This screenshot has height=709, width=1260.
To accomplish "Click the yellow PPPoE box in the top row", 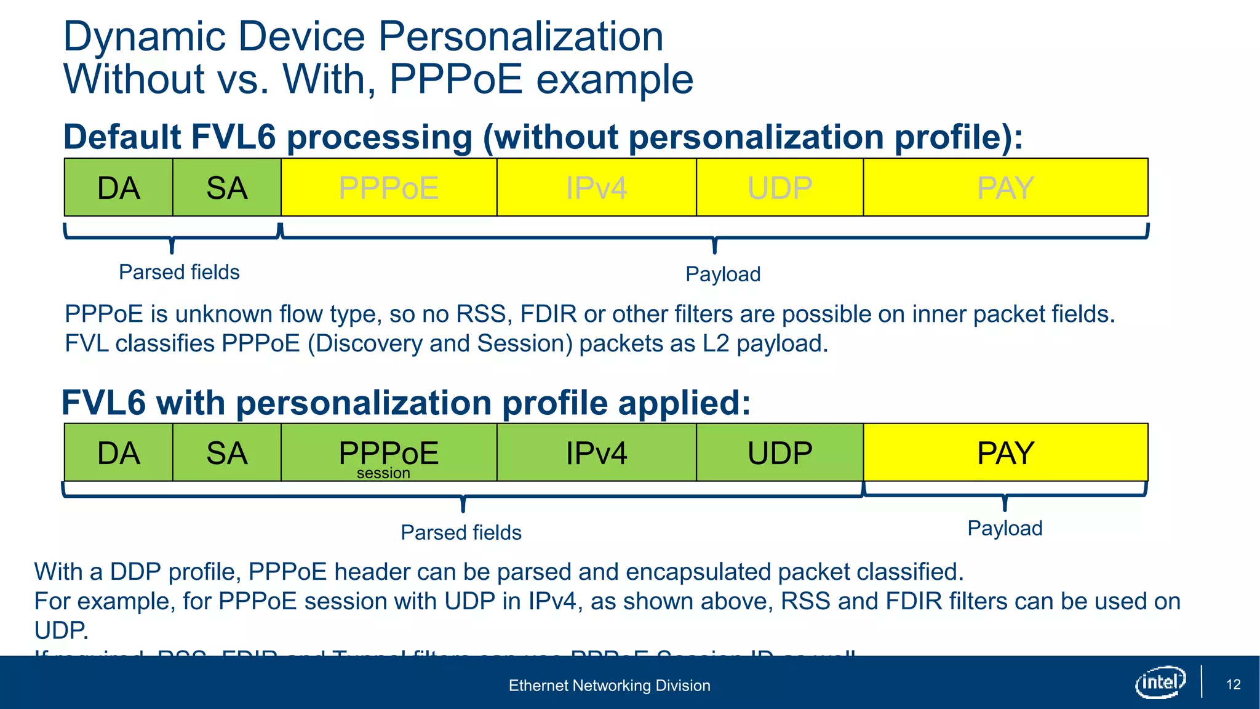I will [x=389, y=187].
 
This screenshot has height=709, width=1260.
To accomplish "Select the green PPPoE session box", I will [x=389, y=452].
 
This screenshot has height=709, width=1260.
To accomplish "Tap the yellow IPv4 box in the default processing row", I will [x=596, y=187].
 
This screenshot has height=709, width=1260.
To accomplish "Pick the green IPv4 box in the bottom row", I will [x=596, y=452].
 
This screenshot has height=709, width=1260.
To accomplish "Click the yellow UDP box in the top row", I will [x=780, y=187].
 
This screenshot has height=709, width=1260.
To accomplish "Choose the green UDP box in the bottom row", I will [x=780, y=452].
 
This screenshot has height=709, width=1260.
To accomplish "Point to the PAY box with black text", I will [x=1005, y=452].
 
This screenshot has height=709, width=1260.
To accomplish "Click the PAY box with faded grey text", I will [x=1005, y=187].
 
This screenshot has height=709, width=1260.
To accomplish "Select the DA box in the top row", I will [x=119, y=187].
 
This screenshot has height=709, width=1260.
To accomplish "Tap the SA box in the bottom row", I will [x=227, y=452].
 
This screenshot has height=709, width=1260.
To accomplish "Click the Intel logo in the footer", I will [x=1160, y=682].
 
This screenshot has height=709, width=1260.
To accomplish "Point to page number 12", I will [x=1233, y=684].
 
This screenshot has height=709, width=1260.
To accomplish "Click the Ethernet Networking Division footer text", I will [x=609, y=685].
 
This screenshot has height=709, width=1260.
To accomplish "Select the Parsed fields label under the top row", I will [x=179, y=272].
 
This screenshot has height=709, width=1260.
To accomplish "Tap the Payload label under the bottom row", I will [x=1005, y=528].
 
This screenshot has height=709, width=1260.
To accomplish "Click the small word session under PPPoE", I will [x=383, y=473].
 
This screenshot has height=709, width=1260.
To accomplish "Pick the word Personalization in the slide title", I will [x=520, y=36].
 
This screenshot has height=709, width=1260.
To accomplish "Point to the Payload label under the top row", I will [x=723, y=274].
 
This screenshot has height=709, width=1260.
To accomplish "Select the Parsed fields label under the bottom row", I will [x=461, y=532].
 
